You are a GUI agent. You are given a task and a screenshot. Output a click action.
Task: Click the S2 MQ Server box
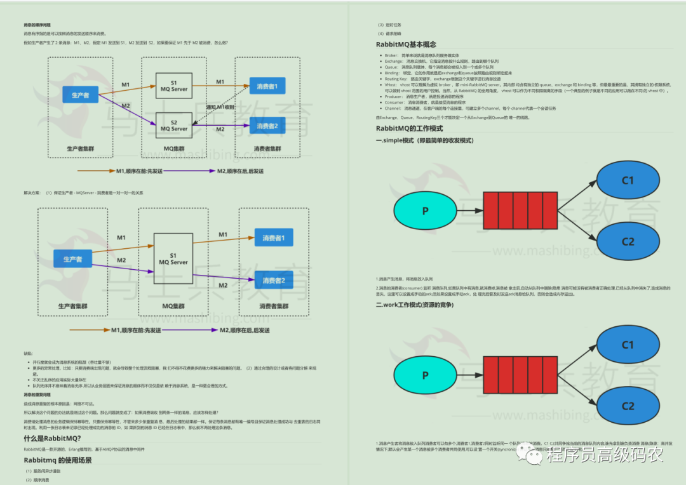pyautogui.click(x=174, y=125)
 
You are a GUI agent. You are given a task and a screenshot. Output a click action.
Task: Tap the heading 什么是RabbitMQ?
pyautogui.click(x=53, y=439)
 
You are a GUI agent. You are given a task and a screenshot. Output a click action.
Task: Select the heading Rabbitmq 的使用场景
pyautogui.click(x=58, y=460)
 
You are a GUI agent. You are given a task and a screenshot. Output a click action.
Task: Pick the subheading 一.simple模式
pyautogui.click(x=424, y=140)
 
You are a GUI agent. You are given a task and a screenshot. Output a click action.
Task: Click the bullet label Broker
pyautogui.click(x=391, y=56)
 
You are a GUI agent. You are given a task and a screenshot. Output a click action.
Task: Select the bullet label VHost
pyautogui.click(x=391, y=83)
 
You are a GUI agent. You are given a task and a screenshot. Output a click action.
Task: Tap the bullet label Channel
pyautogui.click(x=393, y=109)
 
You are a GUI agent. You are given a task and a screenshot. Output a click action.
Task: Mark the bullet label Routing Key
pyautogui.click(x=395, y=78)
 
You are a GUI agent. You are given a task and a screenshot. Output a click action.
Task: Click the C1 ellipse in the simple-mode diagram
pyautogui.click(x=628, y=181)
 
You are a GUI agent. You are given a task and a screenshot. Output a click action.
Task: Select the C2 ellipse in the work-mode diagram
pyautogui.click(x=628, y=406)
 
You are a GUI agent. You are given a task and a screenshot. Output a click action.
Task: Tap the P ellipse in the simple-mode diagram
pyautogui.click(x=425, y=211)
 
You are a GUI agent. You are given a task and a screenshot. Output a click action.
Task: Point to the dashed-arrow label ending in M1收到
pyautogui.click(x=220, y=107)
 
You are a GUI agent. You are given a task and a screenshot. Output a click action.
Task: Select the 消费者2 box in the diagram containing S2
pyautogui.click(x=267, y=126)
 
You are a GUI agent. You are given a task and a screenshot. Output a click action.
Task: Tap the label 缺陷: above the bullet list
pyautogui.click(x=28, y=354)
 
